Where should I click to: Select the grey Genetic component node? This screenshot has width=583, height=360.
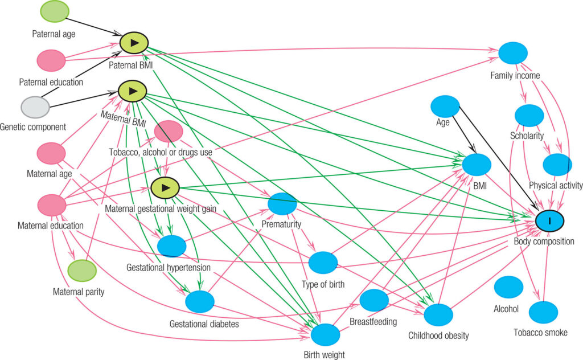point(35,107)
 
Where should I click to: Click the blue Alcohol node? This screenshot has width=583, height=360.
point(508,287)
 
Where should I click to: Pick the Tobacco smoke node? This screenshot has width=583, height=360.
point(544,312)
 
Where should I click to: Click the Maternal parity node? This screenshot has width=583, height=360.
point(82,271)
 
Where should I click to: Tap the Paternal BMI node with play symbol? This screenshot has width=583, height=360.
point(134,43)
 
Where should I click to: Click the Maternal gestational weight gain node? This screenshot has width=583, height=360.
point(166,187)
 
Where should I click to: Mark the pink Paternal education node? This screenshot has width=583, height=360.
point(51,60)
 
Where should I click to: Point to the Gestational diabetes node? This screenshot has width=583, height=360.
point(199,302)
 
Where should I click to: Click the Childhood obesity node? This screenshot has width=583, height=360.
point(438,314)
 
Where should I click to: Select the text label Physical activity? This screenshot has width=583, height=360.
point(556,186)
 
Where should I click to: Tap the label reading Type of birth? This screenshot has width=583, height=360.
point(323,284)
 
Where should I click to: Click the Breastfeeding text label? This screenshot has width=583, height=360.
point(373,322)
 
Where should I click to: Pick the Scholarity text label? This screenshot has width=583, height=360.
point(527,136)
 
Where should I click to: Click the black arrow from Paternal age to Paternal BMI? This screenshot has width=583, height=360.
point(93,26)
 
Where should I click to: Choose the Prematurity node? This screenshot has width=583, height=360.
point(282,204)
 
